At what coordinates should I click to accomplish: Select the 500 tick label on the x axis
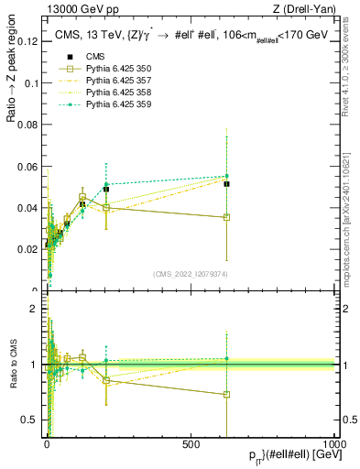click(x=191, y=443)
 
